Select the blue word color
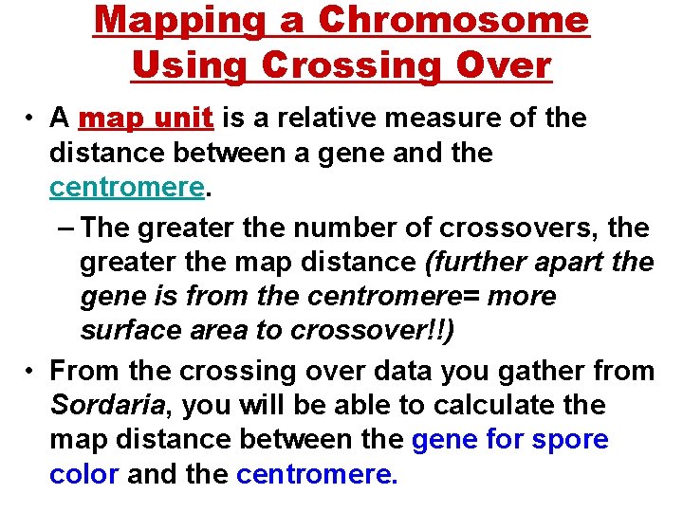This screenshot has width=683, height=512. pyautogui.click(x=84, y=474)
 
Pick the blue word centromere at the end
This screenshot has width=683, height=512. pyautogui.click(x=317, y=474)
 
